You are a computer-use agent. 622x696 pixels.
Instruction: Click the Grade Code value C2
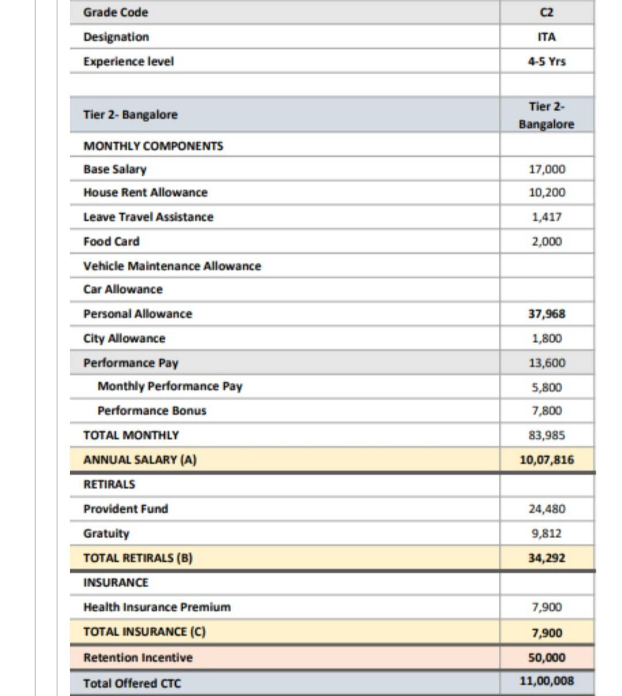[x=546, y=13]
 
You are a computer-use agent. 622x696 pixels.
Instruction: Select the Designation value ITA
[x=547, y=37]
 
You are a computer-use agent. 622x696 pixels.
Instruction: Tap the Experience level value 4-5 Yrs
[x=547, y=62]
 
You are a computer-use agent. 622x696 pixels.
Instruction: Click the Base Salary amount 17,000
[x=547, y=169]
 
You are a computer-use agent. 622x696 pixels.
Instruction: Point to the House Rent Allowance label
[x=145, y=192]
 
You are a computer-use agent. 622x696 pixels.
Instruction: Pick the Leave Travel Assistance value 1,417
[x=547, y=217]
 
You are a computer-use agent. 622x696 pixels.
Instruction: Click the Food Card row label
[x=111, y=242]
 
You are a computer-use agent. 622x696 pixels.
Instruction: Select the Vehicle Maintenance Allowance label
[x=172, y=266]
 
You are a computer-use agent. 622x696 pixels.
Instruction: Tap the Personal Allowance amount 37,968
[x=547, y=314]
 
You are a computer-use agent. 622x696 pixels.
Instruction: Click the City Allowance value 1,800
[x=547, y=338]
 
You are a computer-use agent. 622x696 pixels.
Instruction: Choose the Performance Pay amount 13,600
[x=547, y=363]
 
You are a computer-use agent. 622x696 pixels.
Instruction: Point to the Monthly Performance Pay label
[x=170, y=386]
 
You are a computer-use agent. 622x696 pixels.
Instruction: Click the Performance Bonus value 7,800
[x=547, y=411]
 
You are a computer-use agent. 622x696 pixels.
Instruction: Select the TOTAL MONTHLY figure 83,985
[x=547, y=435]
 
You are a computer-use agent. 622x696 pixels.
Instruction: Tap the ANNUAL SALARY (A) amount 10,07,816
[x=547, y=460]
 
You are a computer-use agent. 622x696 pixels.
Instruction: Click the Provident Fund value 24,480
[x=547, y=509]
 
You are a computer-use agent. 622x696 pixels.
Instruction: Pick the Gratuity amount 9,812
[x=547, y=533]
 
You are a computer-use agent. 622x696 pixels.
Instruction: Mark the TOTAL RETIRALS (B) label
[x=138, y=558]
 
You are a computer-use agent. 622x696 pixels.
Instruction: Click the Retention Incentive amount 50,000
[x=547, y=657]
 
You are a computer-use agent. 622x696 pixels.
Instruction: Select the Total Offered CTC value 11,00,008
[x=547, y=681]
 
